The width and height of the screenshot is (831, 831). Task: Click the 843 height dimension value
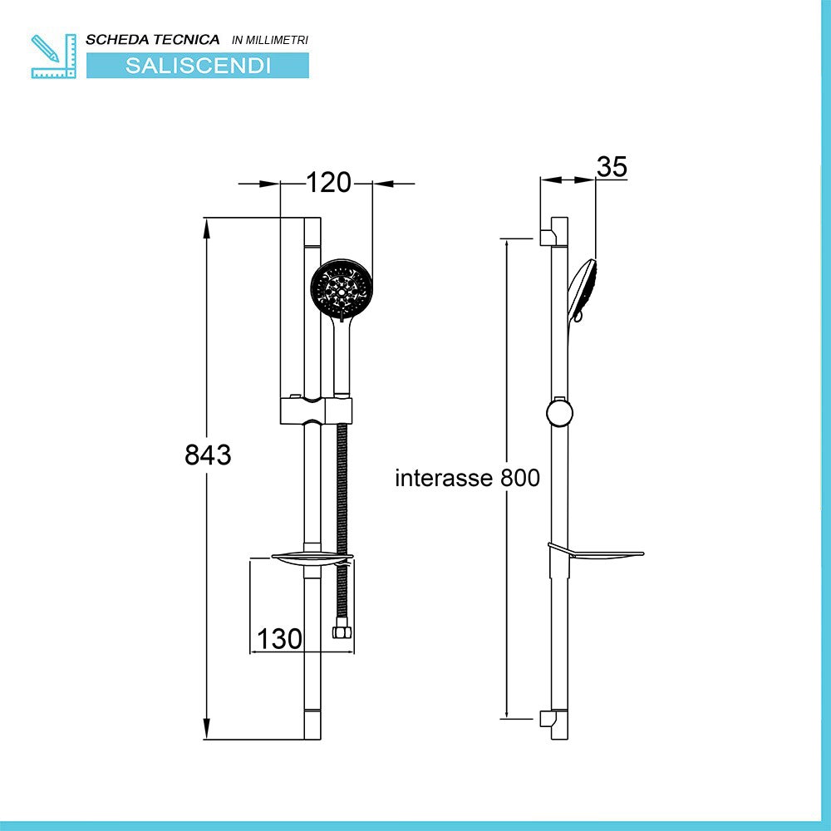click(x=208, y=455)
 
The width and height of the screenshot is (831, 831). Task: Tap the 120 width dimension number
click(x=328, y=182)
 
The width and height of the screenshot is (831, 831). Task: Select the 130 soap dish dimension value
click(x=279, y=638)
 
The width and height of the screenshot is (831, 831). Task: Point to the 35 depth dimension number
click(x=612, y=166)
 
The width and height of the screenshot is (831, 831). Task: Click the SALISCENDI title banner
click(x=198, y=66)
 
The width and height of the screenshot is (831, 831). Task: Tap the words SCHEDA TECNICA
click(x=153, y=40)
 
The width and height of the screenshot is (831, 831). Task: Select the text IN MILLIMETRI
click(x=270, y=40)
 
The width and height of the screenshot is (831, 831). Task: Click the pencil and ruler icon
click(x=53, y=57)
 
